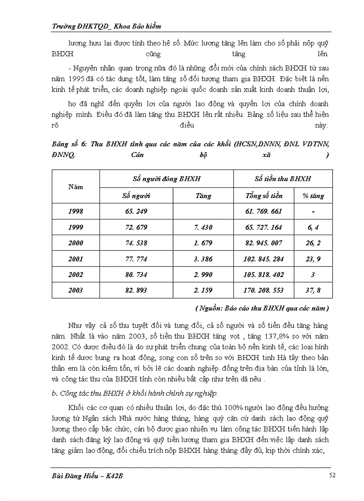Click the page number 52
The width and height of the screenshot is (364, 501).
[x=332, y=476]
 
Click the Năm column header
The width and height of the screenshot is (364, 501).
[x=75, y=187]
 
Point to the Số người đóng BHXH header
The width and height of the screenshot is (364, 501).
[x=166, y=179]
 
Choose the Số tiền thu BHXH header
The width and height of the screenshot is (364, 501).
[x=282, y=179]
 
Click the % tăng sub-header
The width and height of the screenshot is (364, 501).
[x=313, y=195]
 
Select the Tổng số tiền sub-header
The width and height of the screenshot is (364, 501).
[x=264, y=195]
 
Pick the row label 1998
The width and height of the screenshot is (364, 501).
[x=75, y=211]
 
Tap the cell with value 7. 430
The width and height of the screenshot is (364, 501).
[x=203, y=227]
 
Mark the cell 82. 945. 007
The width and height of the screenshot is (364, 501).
[x=264, y=243]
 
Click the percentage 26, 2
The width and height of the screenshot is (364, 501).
[x=313, y=243]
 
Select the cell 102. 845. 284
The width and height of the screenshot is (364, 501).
[x=264, y=259]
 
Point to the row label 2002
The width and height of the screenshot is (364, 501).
[x=75, y=275]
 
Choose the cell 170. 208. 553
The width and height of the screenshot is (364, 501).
[x=264, y=290]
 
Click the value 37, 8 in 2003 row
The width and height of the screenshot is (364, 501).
[x=313, y=290]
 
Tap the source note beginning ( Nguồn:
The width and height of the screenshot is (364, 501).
[x=262, y=308]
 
